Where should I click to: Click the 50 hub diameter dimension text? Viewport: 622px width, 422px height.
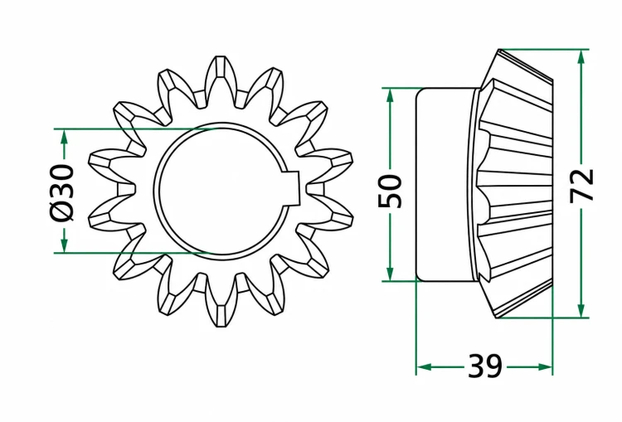(390, 191)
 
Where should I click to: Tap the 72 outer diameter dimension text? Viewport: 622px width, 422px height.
(581, 186)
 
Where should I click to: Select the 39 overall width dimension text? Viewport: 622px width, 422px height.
(485, 366)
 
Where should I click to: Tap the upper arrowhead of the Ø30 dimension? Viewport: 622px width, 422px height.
(64, 138)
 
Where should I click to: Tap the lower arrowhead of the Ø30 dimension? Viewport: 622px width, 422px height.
(64, 244)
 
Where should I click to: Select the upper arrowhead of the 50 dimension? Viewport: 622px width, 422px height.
(390, 97)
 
